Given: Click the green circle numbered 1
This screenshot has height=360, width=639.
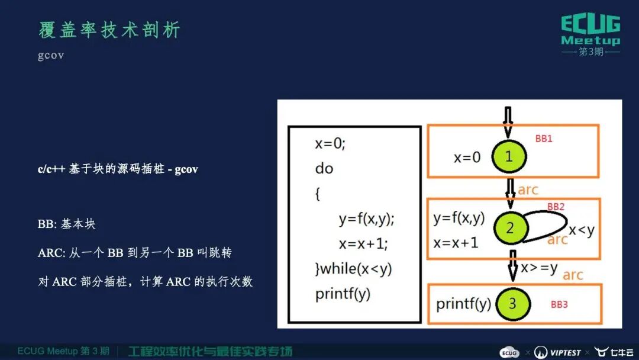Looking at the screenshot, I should point(508,156).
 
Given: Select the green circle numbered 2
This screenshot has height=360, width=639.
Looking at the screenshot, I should point(509,228).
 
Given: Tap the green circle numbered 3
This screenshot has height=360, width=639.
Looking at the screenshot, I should point(512,304).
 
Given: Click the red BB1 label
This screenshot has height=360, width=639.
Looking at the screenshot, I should point(543,138).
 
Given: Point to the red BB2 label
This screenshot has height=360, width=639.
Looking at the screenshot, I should point(556,207).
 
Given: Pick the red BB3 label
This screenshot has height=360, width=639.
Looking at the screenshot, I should point(559,304).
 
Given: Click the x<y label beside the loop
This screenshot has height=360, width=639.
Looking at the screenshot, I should point(582,230).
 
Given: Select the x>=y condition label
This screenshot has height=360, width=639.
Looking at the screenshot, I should point(539,268).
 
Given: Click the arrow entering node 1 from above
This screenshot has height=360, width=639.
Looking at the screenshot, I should point(507,121).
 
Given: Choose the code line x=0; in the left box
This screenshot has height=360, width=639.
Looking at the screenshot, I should point(330,144).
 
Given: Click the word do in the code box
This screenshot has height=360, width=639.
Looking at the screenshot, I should point(324,169).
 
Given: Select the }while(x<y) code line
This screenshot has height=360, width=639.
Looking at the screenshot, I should point(353,269).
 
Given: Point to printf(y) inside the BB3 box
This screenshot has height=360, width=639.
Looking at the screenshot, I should point(463,304).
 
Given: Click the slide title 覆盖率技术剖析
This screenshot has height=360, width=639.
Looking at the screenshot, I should point(109,30).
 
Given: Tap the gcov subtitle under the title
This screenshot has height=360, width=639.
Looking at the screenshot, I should point(51,56).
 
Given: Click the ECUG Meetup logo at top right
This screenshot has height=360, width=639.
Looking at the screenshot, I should point(590,34).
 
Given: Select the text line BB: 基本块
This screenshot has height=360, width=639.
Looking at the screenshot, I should point(67,224).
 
